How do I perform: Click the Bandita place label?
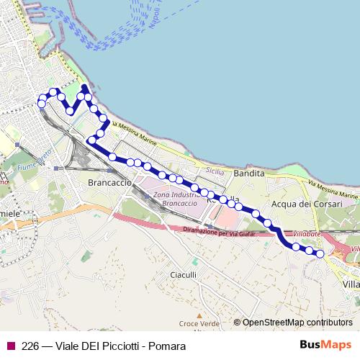click(249, 174)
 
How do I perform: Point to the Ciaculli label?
click(184, 274)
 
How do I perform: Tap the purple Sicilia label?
click(215, 171)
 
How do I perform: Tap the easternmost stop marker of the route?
click(320, 253)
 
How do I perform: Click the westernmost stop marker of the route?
click(42, 104)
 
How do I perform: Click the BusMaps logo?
click(325, 346)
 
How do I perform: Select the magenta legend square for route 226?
click(11, 346)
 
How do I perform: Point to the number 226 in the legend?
click(30, 346)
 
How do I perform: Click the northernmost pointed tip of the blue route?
click(84, 87)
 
